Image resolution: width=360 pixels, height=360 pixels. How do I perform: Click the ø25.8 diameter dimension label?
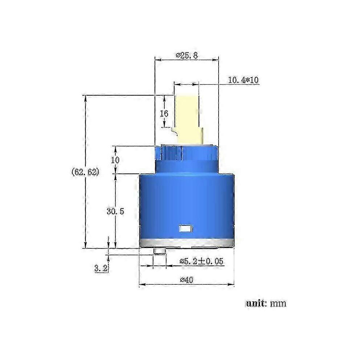pos(187,55)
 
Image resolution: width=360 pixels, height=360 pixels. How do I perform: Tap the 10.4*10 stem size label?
pos(243,80)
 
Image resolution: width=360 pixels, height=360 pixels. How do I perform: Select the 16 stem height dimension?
pos(164,113)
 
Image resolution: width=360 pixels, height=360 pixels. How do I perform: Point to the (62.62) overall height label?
pos(86,172)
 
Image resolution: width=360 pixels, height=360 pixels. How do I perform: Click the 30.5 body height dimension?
pos(115,211)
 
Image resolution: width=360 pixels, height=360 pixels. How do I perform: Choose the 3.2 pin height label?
pos(101,268)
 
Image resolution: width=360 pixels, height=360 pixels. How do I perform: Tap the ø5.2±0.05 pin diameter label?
pos(201,261)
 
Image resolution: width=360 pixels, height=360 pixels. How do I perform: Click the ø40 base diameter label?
pos(187,280)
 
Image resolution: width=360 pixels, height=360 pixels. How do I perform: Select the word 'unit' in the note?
pos(255,303)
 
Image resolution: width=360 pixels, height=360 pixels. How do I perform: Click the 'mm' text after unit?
pos(278,304)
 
